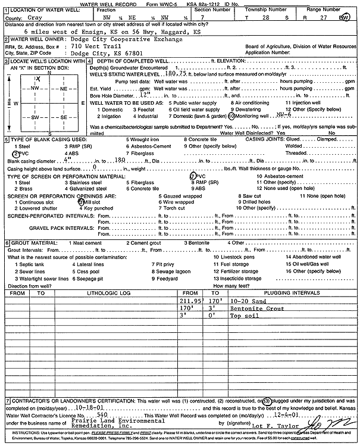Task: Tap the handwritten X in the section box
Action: point(38,79)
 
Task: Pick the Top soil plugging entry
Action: point(240,317)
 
